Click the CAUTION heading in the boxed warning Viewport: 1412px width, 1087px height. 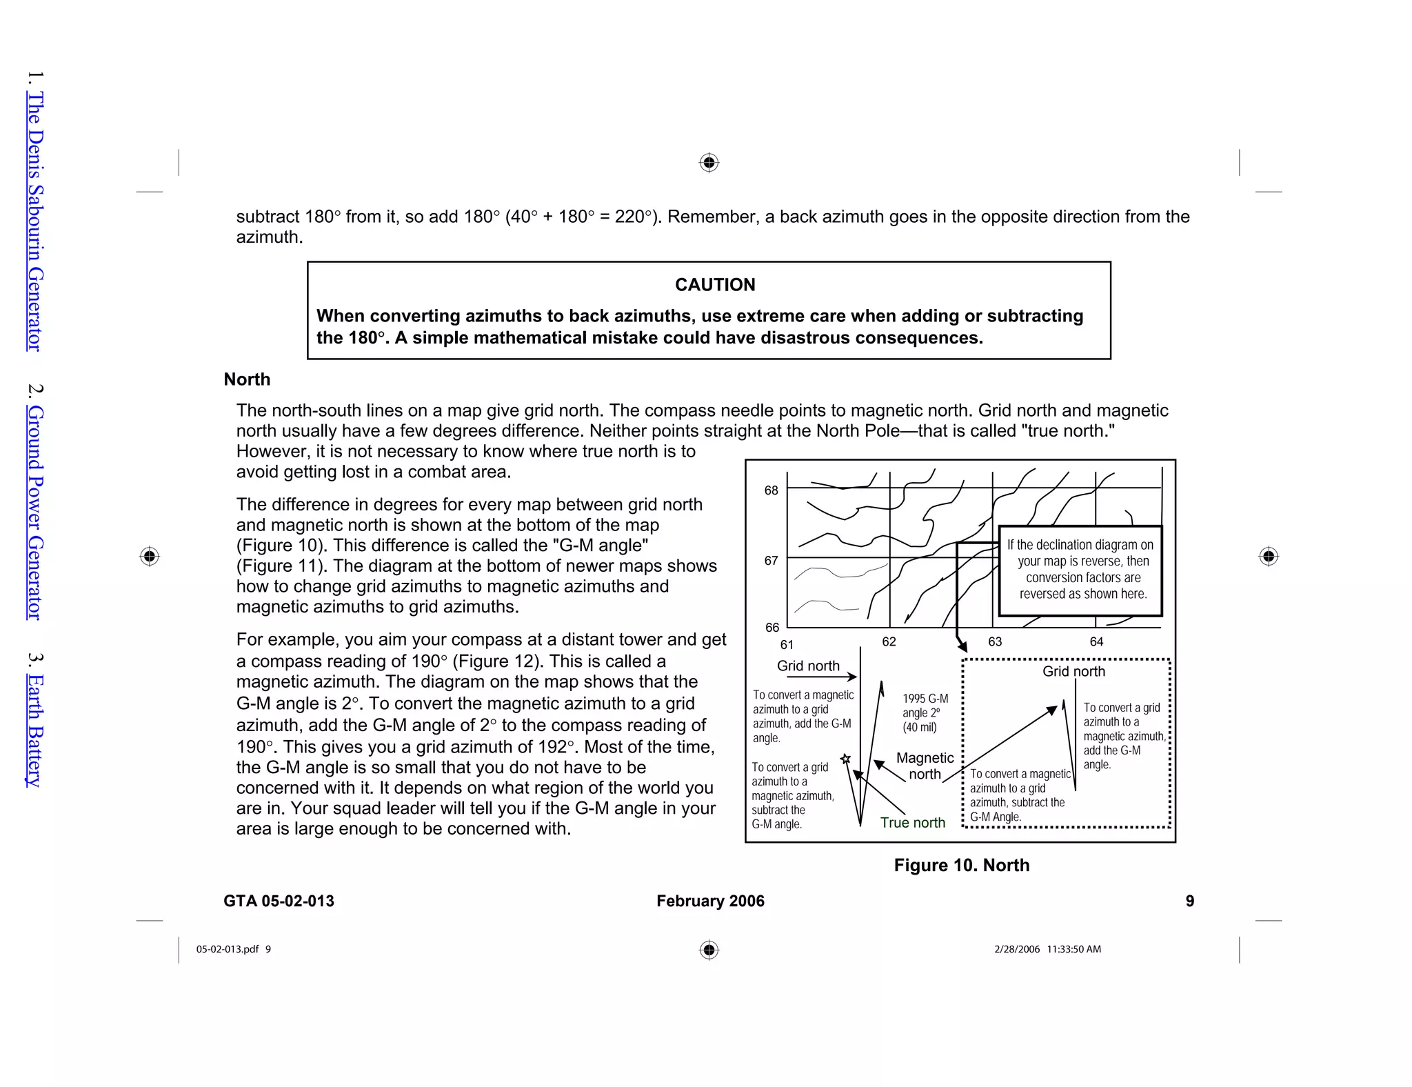coord(715,285)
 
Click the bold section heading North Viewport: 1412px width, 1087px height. coord(247,379)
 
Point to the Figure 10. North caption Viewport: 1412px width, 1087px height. coord(961,866)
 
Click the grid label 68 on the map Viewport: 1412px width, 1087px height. coord(771,490)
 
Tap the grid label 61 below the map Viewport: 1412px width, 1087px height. coord(787,645)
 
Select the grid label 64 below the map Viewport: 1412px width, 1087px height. coord(1096,642)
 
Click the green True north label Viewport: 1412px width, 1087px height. coord(912,823)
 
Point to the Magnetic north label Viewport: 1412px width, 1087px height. coord(925,766)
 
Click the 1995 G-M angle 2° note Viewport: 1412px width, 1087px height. coord(925,713)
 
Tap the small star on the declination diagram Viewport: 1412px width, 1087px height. coord(845,759)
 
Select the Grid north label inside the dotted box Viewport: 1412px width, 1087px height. coord(1073,672)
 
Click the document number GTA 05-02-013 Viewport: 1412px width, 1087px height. coord(279,901)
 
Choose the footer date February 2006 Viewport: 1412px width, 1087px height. coord(710,901)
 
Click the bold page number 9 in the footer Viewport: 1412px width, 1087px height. coord(1189,901)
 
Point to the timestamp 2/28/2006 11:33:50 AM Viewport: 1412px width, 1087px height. coord(1047,950)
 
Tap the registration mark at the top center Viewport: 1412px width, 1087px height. coord(709,163)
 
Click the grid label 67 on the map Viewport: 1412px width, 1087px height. coord(771,561)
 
